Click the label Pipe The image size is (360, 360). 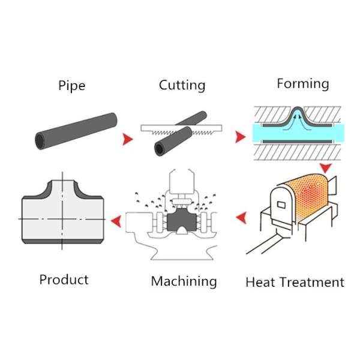tap(72, 86)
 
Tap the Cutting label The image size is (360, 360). tap(182, 85)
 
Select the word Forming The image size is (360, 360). tap(303, 84)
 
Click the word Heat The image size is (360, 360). tap(260, 282)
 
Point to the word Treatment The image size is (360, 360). tap(313, 282)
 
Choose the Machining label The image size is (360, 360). tap(184, 281)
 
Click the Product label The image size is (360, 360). tap(64, 280)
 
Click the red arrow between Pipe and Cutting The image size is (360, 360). tap(128, 139)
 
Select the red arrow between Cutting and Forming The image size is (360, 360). tap(241, 137)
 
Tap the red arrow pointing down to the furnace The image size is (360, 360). tap(326, 168)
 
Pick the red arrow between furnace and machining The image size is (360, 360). tap(241, 218)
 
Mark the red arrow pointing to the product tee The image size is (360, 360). tap(116, 221)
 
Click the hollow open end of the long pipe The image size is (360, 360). tap(40, 141)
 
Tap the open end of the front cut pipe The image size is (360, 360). tap(160, 149)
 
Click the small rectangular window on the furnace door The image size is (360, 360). tap(281, 205)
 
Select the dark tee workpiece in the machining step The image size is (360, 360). tap(182, 221)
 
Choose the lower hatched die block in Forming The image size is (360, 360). tap(298, 152)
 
